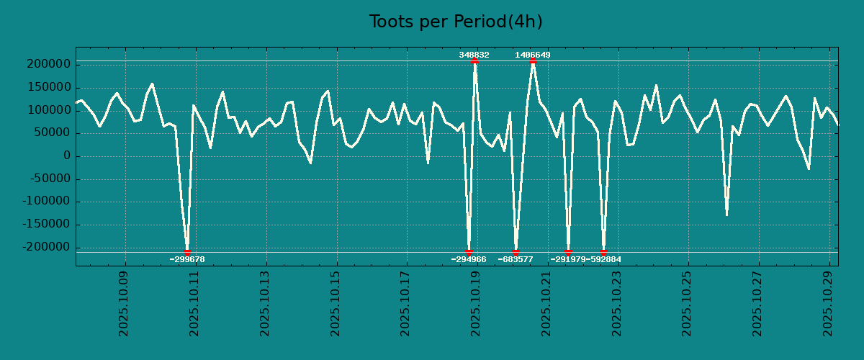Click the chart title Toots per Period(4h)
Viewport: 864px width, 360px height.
[x=456, y=22]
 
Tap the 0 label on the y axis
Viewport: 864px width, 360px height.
[x=66, y=156]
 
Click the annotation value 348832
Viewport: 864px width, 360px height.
[x=474, y=55]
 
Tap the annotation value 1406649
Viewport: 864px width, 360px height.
[x=533, y=55]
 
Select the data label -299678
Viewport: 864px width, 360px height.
[x=187, y=259]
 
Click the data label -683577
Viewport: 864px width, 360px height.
[x=516, y=259]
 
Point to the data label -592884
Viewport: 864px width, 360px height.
[x=603, y=259]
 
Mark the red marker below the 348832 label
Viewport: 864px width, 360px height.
[x=474, y=61]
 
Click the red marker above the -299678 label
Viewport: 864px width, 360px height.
[x=188, y=252]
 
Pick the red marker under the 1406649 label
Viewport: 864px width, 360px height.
[x=533, y=61]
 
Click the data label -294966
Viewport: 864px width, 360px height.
[x=469, y=259]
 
